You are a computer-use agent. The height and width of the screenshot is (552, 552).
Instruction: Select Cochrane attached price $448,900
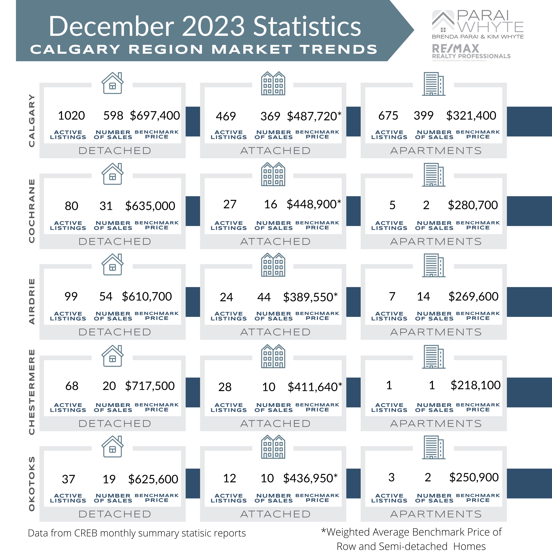point(314,204)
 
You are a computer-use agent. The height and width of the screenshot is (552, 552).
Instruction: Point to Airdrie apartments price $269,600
point(473,297)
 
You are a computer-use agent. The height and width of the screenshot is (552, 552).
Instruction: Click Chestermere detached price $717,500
point(150,386)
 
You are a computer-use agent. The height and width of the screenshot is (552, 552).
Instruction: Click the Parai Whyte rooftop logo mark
point(443,21)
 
